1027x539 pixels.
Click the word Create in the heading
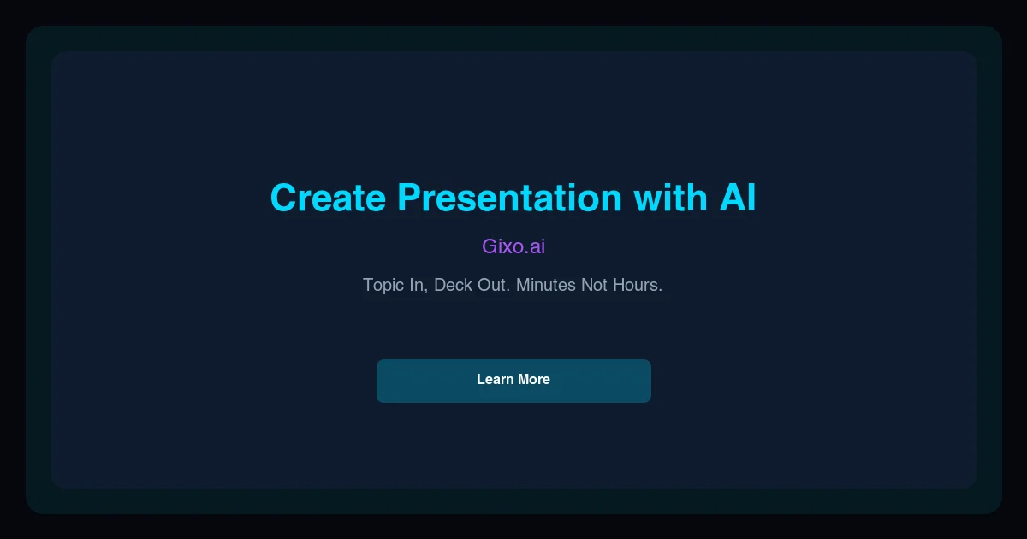[x=328, y=198]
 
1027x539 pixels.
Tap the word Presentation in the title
[x=509, y=198]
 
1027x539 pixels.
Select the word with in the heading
[x=666, y=198]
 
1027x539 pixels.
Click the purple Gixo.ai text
[x=513, y=246]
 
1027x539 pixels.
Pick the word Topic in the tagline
[x=385, y=285]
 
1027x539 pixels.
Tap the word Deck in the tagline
[x=453, y=285]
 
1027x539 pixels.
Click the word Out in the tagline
[x=494, y=285]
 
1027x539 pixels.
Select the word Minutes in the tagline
[x=546, y=285]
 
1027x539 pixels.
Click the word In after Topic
[x=419, y=285]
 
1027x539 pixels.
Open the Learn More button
[x=513, y=381]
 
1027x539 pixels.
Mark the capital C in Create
[x=284, y=198]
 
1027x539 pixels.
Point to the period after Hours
[x=661, y=290]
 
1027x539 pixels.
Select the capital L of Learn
[x=481, y=380]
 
